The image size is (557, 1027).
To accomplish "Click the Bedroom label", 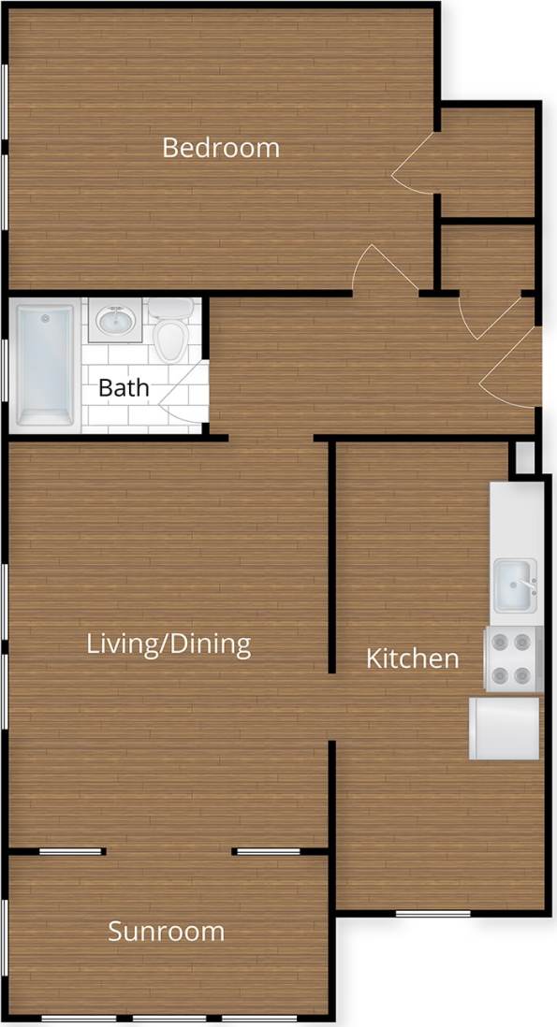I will pyautogui.click(x=221, y=148).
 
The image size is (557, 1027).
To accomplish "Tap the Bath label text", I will pyautogui.click(x=124, y=387).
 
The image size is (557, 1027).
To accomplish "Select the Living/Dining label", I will pyautogui.click(x=169, y=644).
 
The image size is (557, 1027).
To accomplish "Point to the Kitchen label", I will pyautogui.click(x=412, y=658).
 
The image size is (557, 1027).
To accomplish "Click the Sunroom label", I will pyautogui.click(x=166, y=932).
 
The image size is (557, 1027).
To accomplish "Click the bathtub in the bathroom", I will pyautogui.click(x=44, y=364).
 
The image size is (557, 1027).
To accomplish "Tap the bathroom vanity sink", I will pyautogui.click(x=116, y=321).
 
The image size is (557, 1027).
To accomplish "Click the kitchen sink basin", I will pyautogui.click(x=514, y=586).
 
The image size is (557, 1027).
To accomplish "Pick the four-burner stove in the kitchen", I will pyautogui.click(x=513, y=659).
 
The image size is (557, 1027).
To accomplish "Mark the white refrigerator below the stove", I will pyautogui.click(x=505, y=728).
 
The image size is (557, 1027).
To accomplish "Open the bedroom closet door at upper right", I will pyautogui.click(x=412, y=164).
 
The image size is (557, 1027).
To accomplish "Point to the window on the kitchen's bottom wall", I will pyautogui.click(x=432, y=912).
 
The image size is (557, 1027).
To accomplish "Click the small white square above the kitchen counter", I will pyautogui.click(x=525, y=458).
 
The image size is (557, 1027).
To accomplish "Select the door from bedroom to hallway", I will pyautogui.click(x=382, y=269).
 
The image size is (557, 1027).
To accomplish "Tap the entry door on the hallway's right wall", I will pyautogui.click(x=511, y=369).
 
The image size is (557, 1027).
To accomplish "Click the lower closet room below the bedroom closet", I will pyautogui.click(x=487, y=257).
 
